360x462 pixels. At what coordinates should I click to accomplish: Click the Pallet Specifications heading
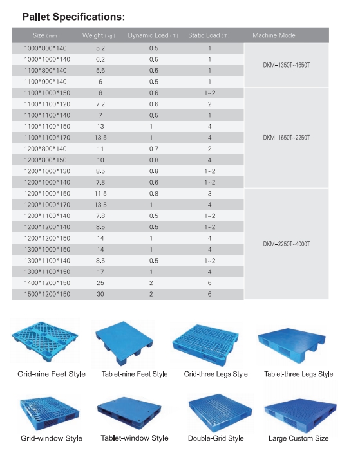pos(73,17)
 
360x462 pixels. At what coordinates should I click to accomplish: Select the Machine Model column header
pos(274,35)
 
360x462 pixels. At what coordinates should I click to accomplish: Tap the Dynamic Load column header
pos(153,35)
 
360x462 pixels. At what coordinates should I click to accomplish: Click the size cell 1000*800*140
pos(45,48)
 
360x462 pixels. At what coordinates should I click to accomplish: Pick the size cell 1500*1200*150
pos(47,294)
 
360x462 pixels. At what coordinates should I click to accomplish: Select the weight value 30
pos(100,294)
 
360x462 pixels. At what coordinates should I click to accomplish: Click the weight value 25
pos(100,283)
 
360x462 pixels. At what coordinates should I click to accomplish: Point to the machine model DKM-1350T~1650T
pos(287,66)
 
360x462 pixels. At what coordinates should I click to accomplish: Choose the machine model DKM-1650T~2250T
pos(287,137)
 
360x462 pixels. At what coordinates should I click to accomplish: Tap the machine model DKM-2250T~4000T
pos(287,244)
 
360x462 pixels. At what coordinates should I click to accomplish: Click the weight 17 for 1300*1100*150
pos(100,272)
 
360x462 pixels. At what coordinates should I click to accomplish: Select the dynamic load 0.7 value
pos(153,149)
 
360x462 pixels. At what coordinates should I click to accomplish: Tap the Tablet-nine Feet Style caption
pos(135,374)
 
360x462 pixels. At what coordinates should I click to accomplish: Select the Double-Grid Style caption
pos(216,438)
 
